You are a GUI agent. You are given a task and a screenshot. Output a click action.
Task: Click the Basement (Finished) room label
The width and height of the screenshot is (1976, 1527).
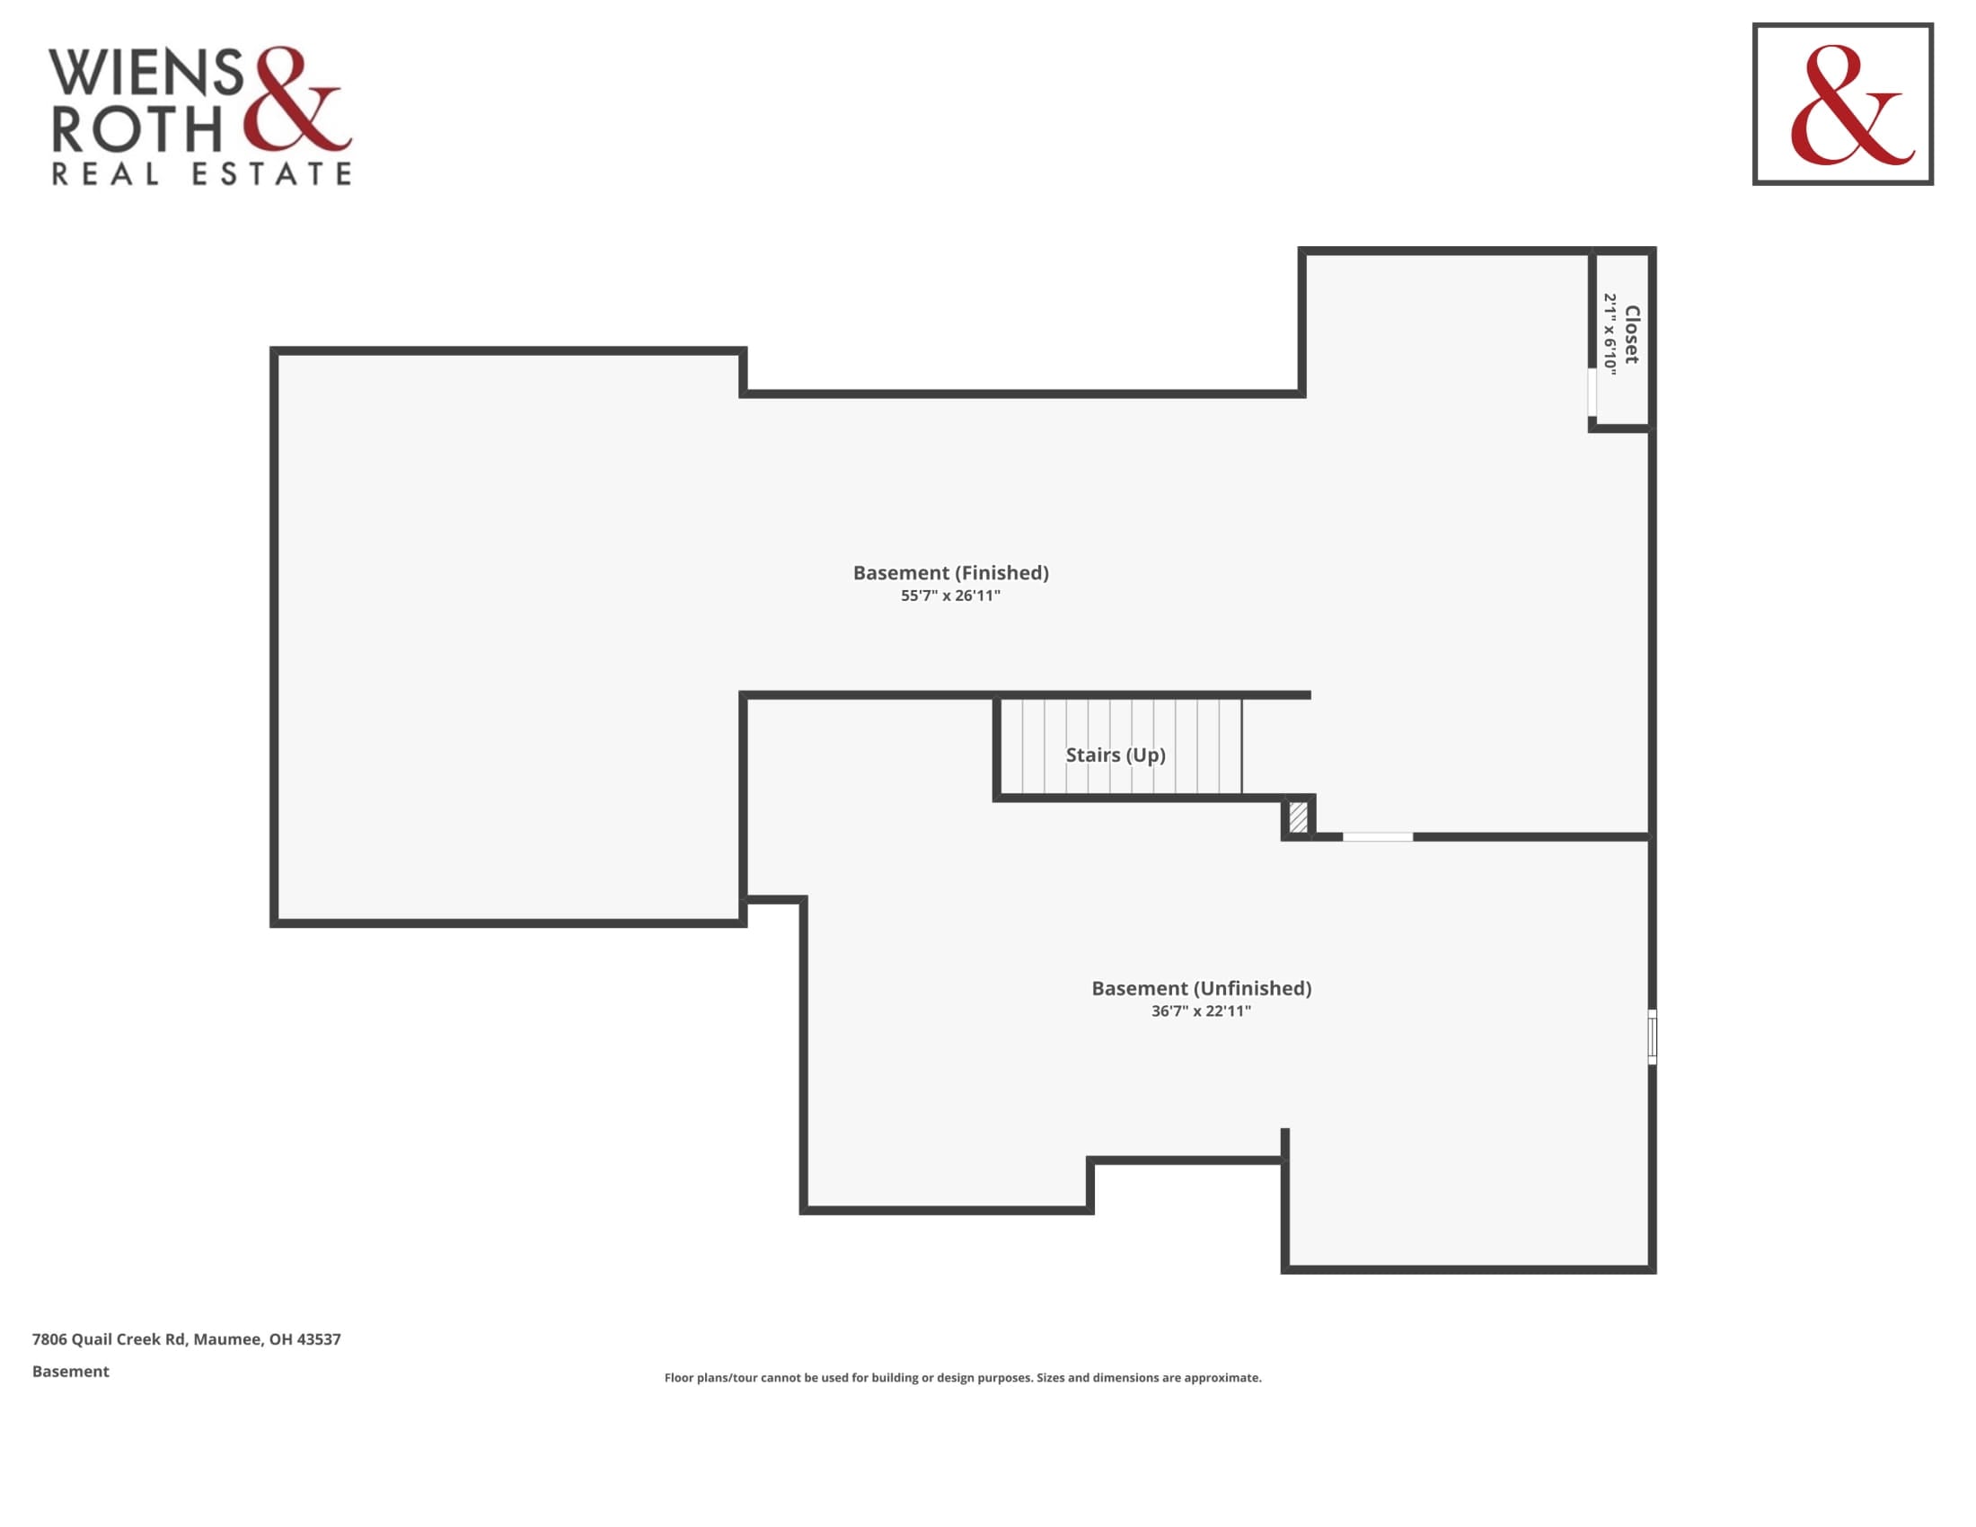(x=951, y=574)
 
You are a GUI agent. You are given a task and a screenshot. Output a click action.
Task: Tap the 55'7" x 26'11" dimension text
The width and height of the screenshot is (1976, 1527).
(x=950, y=596)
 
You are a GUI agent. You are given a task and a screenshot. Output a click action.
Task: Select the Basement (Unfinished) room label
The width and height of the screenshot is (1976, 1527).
(x=1202, y=989)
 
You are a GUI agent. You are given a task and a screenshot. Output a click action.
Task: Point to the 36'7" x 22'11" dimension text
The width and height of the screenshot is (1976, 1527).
(x=1201, y=1011)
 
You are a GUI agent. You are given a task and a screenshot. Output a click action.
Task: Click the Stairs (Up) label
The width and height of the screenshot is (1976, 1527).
(x=1116, y=755)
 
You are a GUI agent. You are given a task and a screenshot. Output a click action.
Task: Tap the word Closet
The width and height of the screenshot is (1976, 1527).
(x=1631, y=335)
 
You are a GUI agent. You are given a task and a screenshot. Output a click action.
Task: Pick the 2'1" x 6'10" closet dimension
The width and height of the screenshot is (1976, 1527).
(x=1610, y=334)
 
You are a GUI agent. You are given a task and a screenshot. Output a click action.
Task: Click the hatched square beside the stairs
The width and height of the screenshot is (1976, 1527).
(x=1299, y=816)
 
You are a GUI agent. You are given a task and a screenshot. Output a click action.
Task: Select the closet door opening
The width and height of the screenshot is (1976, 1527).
(x=1592, y=392)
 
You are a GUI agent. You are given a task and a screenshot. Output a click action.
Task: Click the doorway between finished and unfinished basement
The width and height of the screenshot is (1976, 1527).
(x=1377, y=837)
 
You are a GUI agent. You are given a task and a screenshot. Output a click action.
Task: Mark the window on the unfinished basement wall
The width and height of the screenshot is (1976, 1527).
(x=1652, y=1037)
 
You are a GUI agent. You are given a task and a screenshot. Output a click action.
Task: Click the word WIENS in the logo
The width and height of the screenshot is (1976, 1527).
(x=146, y=73)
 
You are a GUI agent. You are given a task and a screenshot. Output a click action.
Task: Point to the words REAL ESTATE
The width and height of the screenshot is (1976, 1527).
(x=202, y=173)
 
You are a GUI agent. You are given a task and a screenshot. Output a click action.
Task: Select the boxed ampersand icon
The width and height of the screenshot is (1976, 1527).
(x=1843, y=104)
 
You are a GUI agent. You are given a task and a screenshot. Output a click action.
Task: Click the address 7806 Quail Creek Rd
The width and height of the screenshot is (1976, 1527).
(x=110, y=1339)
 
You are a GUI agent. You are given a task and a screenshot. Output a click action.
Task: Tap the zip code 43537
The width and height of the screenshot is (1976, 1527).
(x=319, y=1339)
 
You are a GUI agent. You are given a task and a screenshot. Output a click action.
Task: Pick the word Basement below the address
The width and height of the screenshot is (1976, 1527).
(x=71, y=1372)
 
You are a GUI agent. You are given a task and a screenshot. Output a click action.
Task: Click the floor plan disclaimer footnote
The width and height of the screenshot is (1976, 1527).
(x=963, y=1378)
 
